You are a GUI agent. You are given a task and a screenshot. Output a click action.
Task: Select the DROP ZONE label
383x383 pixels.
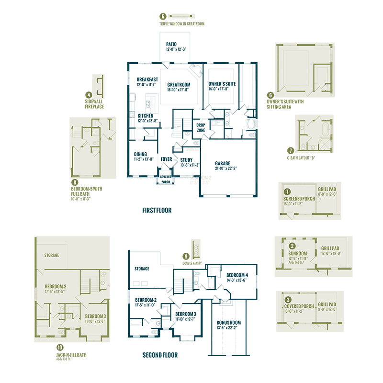pos(202,127)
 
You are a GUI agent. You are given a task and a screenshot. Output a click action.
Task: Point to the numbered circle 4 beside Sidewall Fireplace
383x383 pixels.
pos(89,94)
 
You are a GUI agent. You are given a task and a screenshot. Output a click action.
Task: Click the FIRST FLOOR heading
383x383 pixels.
pos(157,210)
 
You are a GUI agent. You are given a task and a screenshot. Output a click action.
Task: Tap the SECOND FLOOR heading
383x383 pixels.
pos(160,355)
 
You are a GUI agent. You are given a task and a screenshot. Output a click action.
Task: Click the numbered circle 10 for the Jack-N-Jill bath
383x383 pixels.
pos(59,348)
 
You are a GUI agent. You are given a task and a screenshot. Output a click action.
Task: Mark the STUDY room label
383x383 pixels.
pos(186,160)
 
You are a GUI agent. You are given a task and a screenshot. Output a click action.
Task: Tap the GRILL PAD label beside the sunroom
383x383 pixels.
pos(330,248)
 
